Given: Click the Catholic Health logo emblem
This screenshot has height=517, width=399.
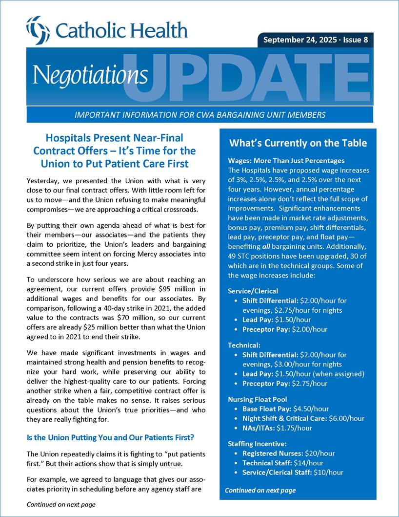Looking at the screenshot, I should point(38,30).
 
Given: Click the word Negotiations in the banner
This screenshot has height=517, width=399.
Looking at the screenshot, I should point(90,75).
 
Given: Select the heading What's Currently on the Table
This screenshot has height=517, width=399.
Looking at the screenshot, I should point(298,143).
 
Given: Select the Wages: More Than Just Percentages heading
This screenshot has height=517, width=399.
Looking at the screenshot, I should point(286,160).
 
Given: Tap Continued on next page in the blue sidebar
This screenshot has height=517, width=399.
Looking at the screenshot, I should point(260,490).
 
